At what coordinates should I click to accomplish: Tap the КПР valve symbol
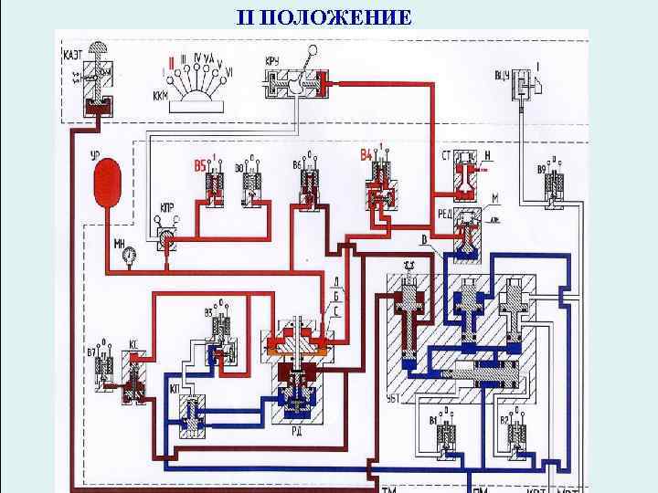pyautogui.click(x=166, y=239)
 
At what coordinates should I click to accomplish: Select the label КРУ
pyautogui.click(x=272, y=61)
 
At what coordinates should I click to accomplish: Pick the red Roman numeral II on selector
pyautogui.click(x=168, y=65)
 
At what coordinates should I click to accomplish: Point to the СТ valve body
pyautogui.click(x=466, y=176)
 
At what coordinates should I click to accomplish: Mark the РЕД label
pyautogui.click(x=446, y=213)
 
